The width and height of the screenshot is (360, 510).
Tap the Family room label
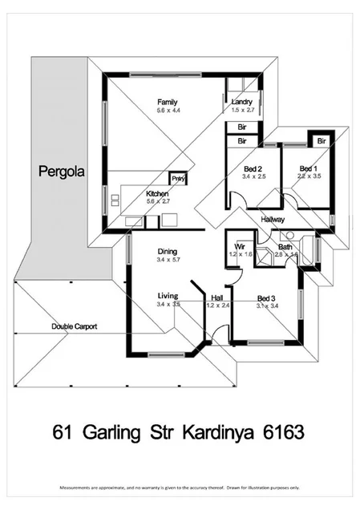(167, 102)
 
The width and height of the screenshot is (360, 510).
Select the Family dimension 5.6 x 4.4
(167, 111)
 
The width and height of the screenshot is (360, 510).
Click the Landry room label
(242, 102)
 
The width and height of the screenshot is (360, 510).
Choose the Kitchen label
(157, 193)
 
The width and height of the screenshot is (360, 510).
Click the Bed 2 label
(254, 168)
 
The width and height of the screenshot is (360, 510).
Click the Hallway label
(273, 218)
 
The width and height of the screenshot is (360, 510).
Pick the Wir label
(239, 245)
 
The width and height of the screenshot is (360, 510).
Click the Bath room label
(285, 246)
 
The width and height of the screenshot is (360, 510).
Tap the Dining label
(168, 250)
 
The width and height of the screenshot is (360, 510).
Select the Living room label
(168, 296)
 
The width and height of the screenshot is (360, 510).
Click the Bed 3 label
(268, 297)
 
